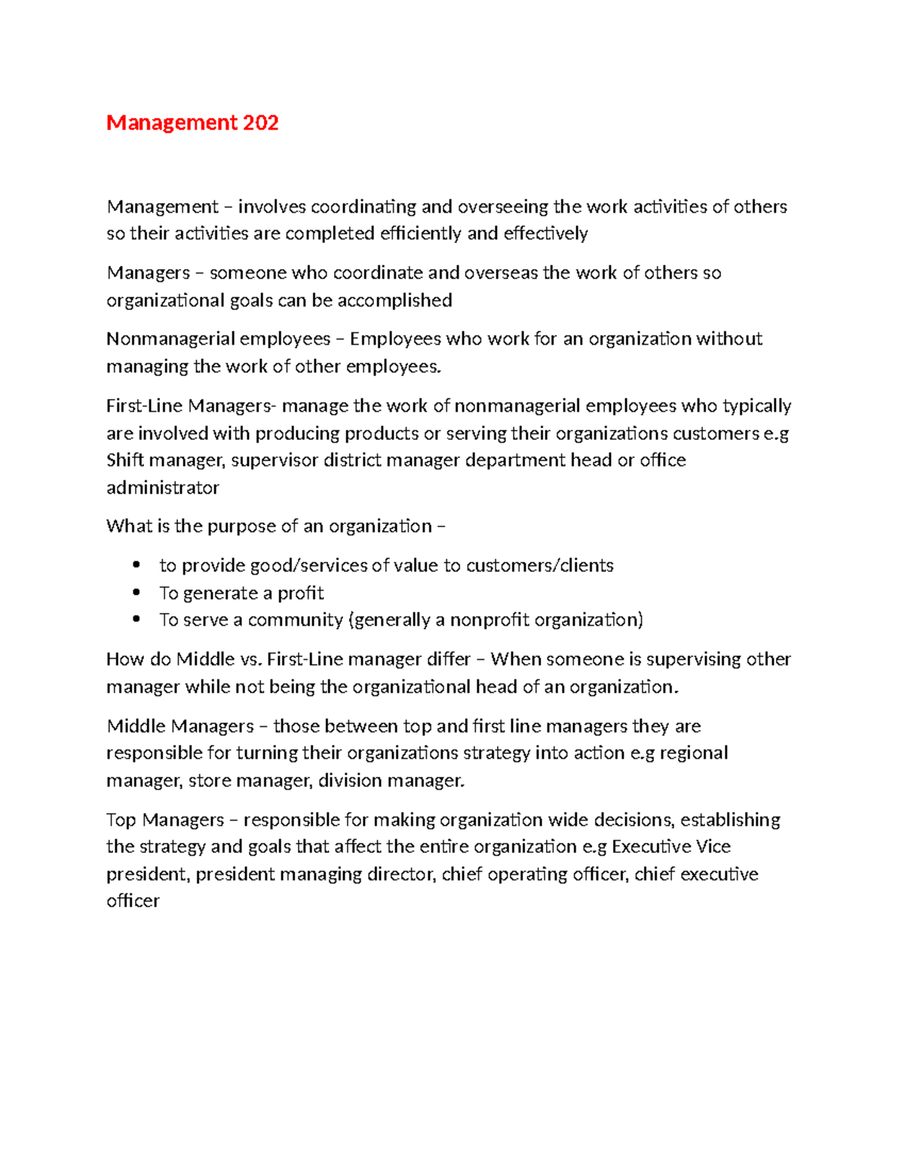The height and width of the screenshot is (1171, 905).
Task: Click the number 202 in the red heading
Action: click(x=260, y=123)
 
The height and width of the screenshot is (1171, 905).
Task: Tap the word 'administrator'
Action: click(x=163, y=488)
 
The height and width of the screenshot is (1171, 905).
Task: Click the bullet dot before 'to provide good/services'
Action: click(x=137, y=565)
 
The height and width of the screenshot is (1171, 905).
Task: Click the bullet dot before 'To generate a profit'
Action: click(x=137, y=593)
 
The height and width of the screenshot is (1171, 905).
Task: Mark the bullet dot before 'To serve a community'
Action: click(x=137, y=619)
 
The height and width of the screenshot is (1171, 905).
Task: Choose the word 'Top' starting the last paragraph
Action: click(x=122, y=820)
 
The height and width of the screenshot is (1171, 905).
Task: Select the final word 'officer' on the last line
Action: click(x=133, y=901)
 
